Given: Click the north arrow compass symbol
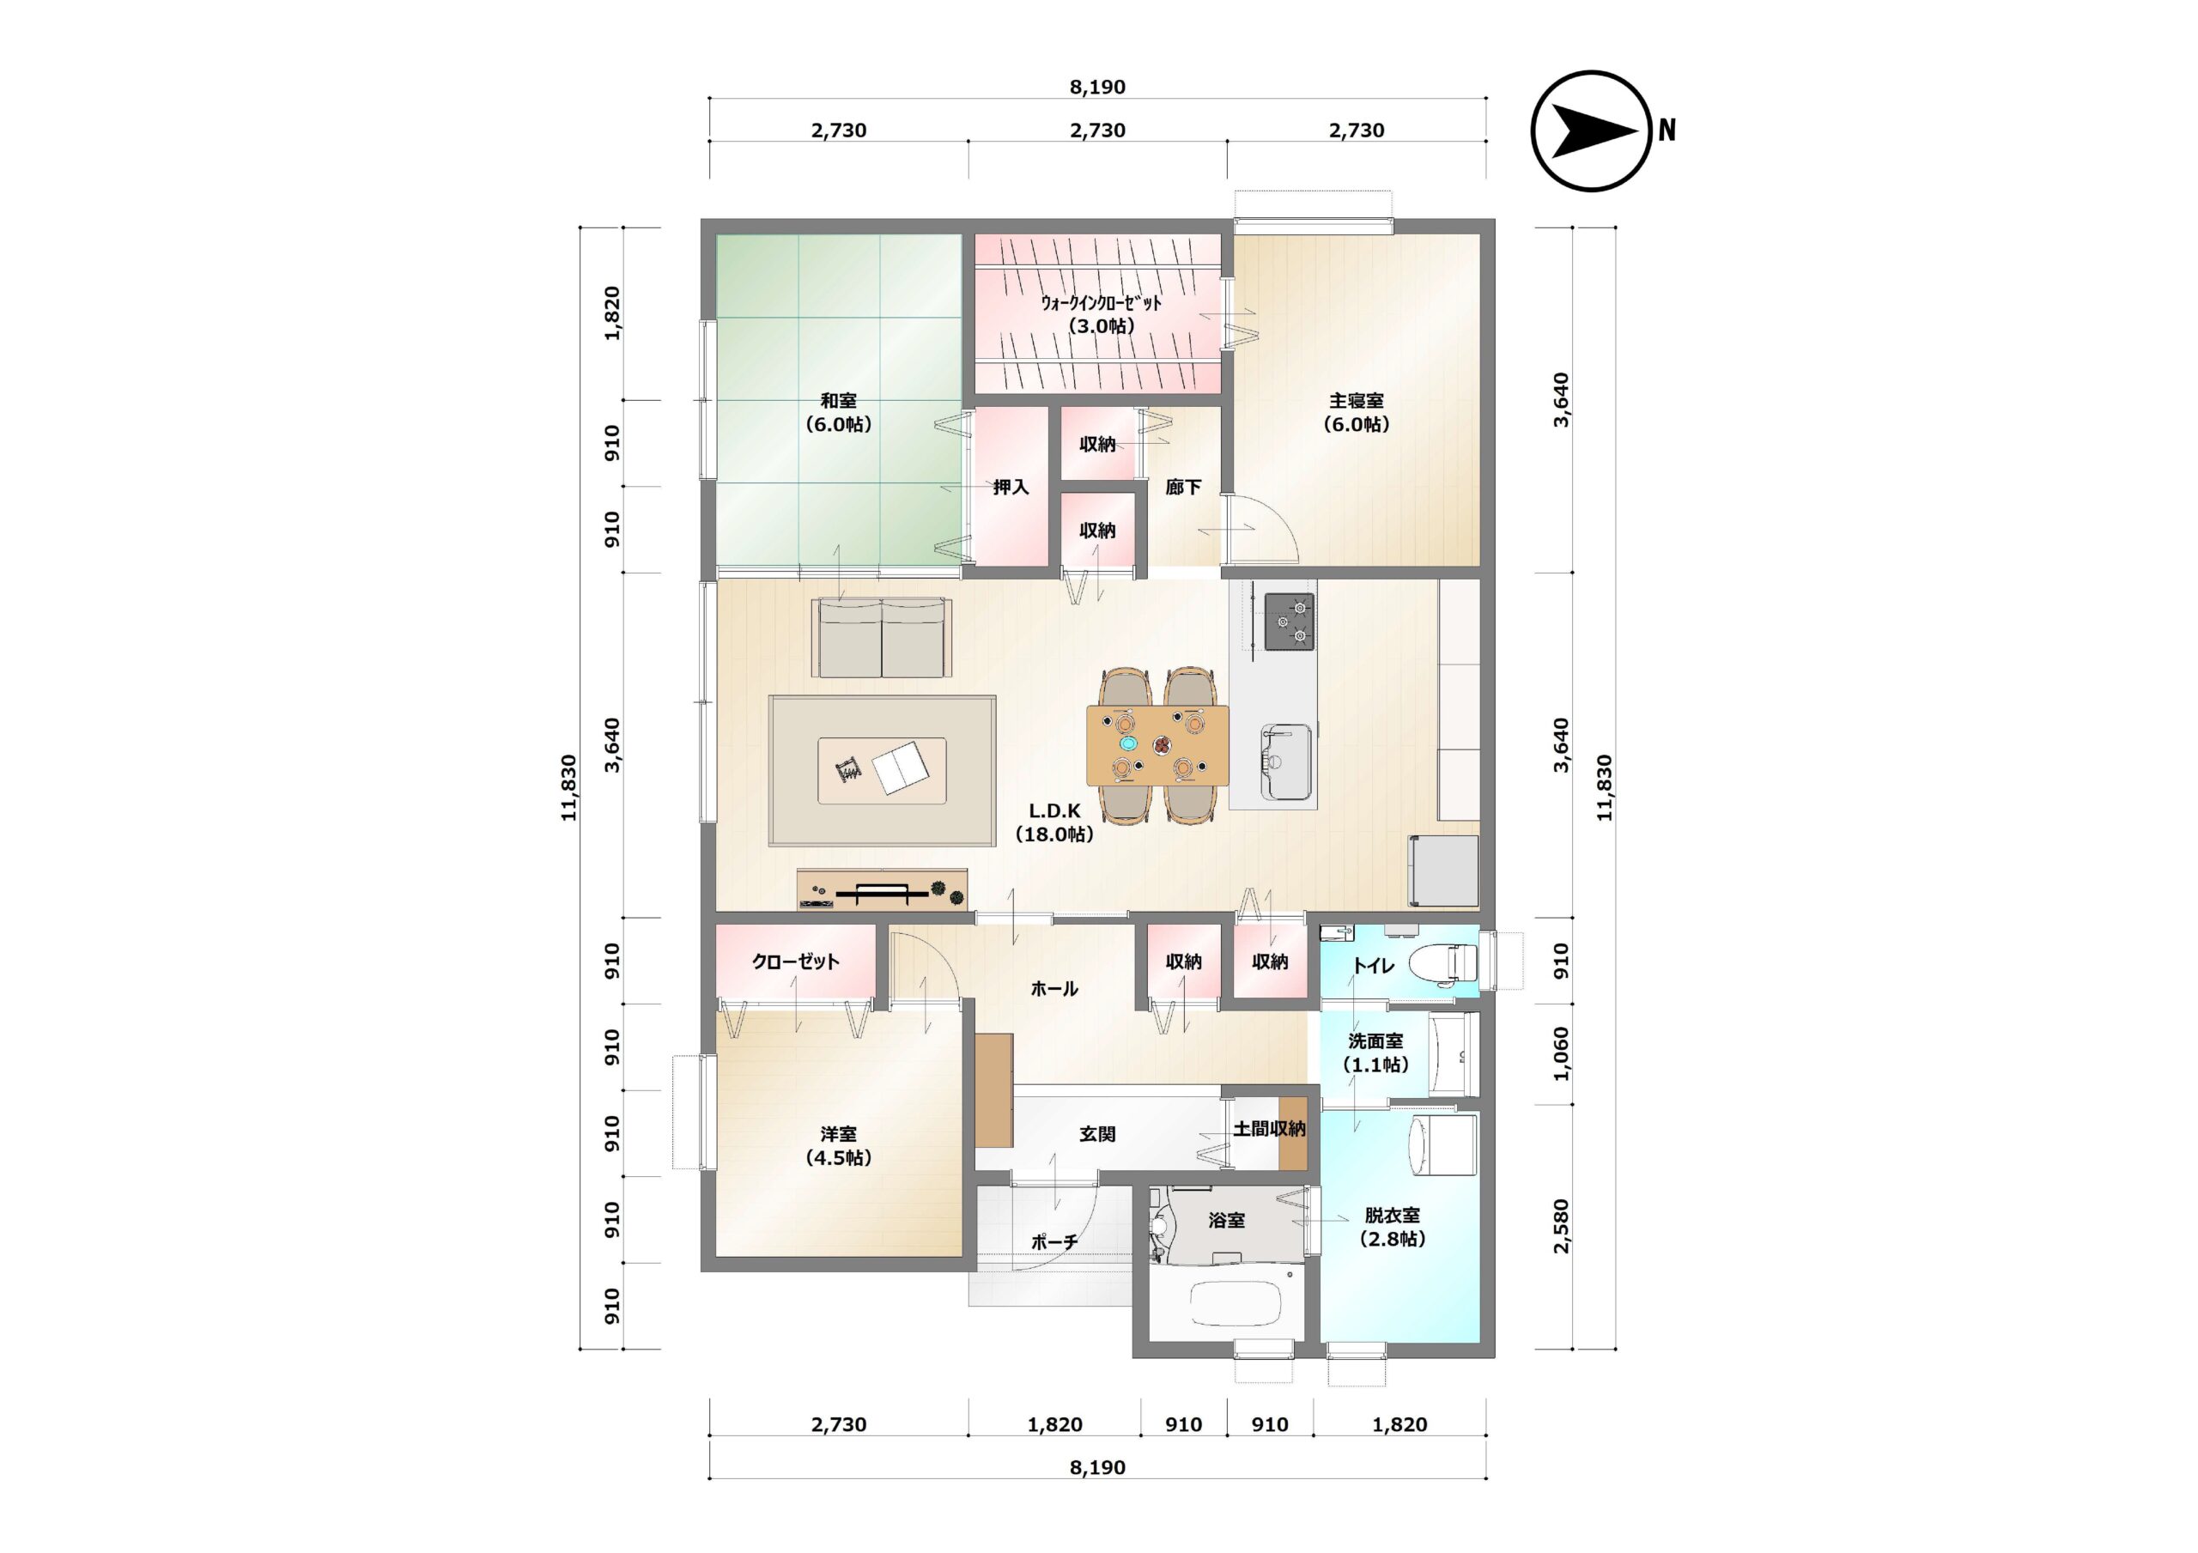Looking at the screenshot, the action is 1592,131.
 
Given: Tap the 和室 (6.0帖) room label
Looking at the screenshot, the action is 839,413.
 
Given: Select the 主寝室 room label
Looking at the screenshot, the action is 1357,401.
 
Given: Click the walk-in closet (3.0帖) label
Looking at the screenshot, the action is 1101,314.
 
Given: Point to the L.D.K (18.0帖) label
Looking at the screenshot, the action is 1054,822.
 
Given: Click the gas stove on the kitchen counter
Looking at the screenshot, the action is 1290,622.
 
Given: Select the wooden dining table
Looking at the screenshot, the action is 1157,745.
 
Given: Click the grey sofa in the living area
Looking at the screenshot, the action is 882,638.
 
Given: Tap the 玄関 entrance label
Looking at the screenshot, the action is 1097,1134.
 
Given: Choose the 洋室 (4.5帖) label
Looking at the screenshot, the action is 839,1146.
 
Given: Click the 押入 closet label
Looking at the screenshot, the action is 1011,488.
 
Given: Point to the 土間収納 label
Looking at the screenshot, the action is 1269,1129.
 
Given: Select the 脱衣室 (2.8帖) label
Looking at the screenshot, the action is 1393,1228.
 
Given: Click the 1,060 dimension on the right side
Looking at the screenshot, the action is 1562,1054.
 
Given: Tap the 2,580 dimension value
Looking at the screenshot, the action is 1562,1227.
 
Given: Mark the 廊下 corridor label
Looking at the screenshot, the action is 1183,488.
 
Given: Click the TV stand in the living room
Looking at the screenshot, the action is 882,889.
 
